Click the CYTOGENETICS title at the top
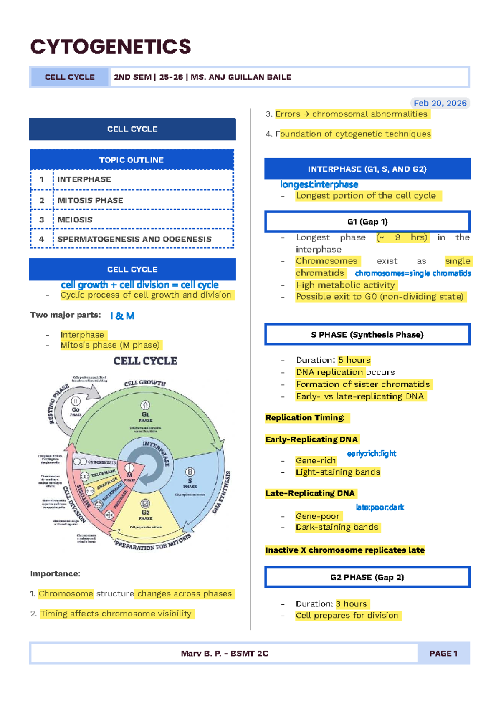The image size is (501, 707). (111, 47)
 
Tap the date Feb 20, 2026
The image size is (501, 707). (440, 103)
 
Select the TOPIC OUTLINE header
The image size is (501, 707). (132, 160)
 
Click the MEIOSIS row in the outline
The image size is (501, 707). (75, 220)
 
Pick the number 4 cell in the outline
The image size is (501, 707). (41, 239)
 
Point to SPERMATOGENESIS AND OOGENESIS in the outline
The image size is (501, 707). (134, 239)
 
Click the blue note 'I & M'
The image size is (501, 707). (122, 316)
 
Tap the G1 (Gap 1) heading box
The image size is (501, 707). (367, 222)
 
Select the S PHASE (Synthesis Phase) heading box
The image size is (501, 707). (367, 335)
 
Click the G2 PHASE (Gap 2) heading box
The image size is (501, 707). (367, 577)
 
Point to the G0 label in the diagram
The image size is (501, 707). (76, 410)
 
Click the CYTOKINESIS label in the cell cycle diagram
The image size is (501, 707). (102, 462)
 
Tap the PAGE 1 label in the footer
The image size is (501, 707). (443, 654)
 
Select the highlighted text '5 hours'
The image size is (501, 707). (354, 360)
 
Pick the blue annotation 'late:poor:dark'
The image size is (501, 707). (380, 507)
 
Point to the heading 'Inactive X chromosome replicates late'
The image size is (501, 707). (345, 550)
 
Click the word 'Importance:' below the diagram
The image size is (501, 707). (55, 574)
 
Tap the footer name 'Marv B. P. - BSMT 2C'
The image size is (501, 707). (225, 654)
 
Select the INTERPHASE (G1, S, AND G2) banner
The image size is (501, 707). (367, 169)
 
